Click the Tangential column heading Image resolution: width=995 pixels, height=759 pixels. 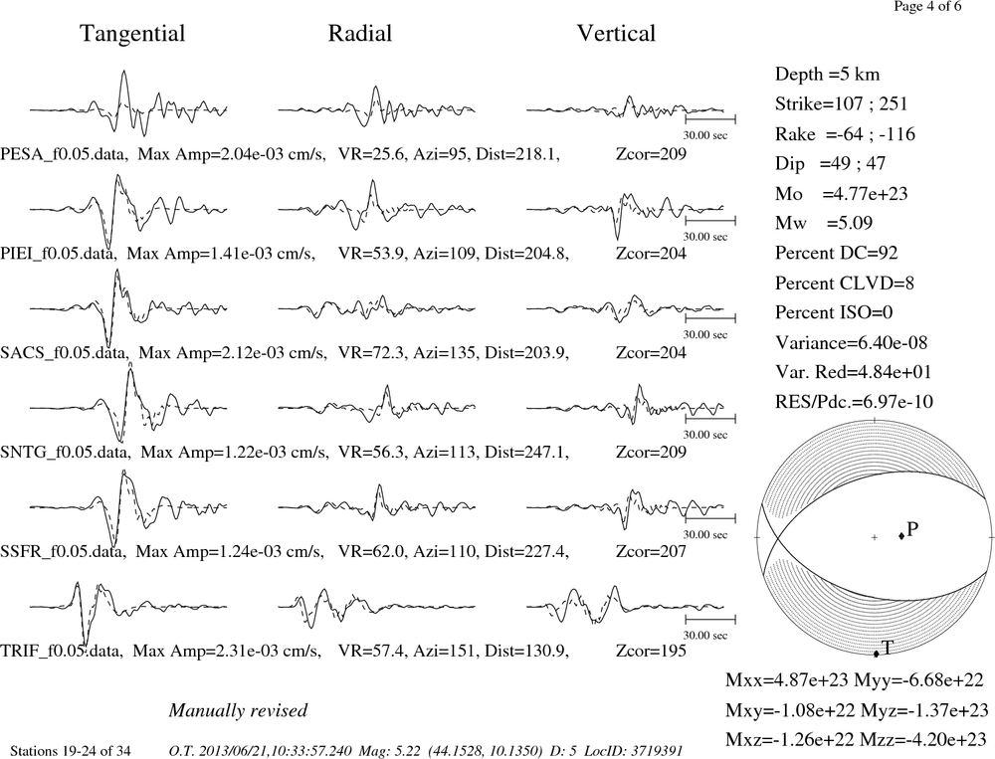coord(132,34)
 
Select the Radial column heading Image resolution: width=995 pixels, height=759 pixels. coord(360,34)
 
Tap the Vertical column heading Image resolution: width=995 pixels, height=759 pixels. coord(616,34)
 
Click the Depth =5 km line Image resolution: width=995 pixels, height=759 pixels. coord(827,75)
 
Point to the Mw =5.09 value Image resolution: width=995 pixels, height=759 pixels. coord(824,224)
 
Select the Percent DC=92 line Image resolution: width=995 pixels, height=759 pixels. coord(837,254)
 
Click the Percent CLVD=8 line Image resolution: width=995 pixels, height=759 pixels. coord(845,284)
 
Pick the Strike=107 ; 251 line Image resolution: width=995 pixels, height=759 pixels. coord(842,104)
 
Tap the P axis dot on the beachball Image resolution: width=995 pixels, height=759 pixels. coord(901,536)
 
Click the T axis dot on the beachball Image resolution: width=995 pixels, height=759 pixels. coord(877,654)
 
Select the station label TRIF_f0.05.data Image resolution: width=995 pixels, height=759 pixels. coord(61,652)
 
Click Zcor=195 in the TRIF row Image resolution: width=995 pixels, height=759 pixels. coord(651,652)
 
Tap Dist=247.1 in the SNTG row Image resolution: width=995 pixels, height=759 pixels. coord(526,453)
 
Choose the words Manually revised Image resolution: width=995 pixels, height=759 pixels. coord(238,711)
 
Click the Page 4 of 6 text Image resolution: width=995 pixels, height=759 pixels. coord(927,7)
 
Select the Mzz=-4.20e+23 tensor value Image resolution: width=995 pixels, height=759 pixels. coord(924,740)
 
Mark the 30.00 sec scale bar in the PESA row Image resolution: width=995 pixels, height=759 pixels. coord(710,119)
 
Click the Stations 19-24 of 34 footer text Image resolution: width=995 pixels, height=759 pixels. coord(71,751)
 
